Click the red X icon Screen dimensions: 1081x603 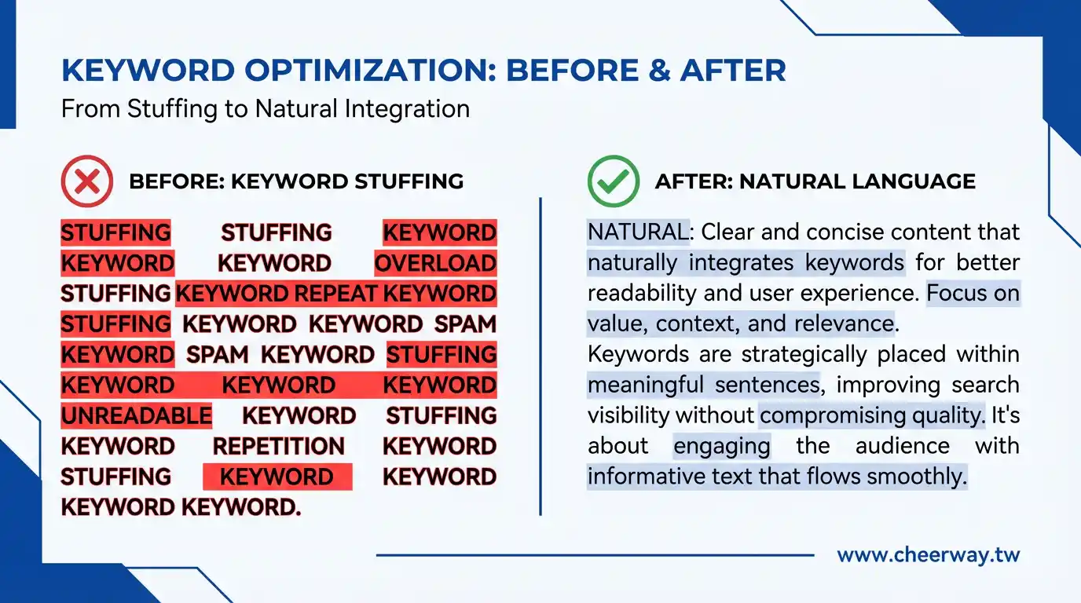point(87,181)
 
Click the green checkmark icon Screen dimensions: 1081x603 point(614,181)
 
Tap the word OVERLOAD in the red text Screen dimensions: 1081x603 point(435,263)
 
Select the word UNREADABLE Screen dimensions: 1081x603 point(137,416)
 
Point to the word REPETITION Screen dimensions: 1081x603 point(279,446)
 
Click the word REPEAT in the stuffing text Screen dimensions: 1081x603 point(335,294)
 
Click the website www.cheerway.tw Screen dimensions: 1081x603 point(929,555)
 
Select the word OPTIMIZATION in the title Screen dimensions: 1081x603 point(370,71)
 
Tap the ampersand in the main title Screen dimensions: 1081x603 point(660,71)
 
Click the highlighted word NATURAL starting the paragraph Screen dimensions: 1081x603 point(638,232)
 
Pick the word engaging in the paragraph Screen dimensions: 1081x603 point(722,447)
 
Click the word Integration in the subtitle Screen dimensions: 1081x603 point(407,109)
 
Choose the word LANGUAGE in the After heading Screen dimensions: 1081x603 point(914,181)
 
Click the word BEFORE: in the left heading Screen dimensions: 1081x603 point(177,181)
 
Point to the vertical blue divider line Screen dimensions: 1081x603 point(540,356)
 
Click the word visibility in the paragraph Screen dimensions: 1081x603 point(628,416)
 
